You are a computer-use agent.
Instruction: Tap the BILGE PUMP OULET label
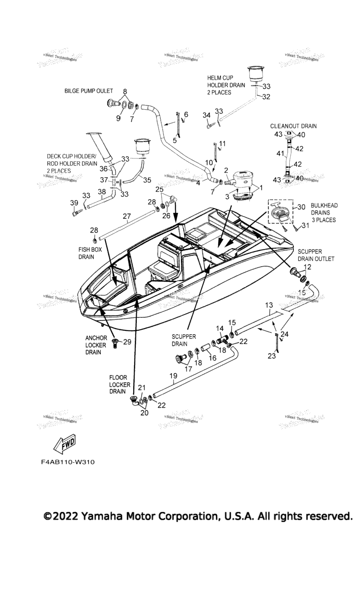[x=89, y=90]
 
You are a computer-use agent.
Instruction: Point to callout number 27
[x=127, y=216]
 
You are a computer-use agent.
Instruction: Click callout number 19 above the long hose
[x=173, y=375]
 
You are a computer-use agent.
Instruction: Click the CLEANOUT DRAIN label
[x=293, y=126]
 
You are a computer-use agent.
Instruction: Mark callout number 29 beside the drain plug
[x=127, y=342]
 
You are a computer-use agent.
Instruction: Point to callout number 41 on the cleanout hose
[x=279, y=153]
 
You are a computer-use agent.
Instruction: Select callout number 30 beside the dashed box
[x=301, y=207]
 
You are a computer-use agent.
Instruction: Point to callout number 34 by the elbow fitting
[x=206, y=115]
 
